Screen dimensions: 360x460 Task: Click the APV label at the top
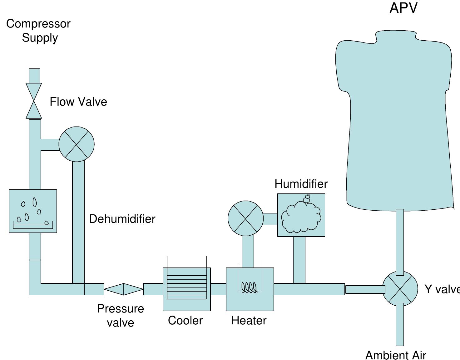point(403,8)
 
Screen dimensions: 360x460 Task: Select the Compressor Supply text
point(38,31)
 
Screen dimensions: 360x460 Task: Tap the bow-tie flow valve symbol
point(34,101)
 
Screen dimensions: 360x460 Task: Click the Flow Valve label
point(78,102)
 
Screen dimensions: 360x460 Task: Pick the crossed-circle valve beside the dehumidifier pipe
point(77,144)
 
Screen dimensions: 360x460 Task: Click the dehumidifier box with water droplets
point(33,211)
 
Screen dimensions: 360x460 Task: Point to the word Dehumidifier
point(122,219)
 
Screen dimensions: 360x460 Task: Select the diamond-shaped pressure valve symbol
point(124,289)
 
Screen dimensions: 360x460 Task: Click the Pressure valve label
point(121,315)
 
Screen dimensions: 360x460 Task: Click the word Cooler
point(185,321)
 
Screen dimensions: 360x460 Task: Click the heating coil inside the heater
point(249,287)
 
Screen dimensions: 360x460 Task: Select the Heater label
point(249,321)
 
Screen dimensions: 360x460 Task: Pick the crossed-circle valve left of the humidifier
point(246,218)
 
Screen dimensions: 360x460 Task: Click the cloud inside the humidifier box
point(301,217)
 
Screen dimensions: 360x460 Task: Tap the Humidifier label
point(301,184)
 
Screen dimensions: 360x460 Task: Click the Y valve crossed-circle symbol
point(400,289)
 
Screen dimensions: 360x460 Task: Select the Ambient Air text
point(396,355)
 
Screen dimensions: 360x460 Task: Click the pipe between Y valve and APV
point(400,242)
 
